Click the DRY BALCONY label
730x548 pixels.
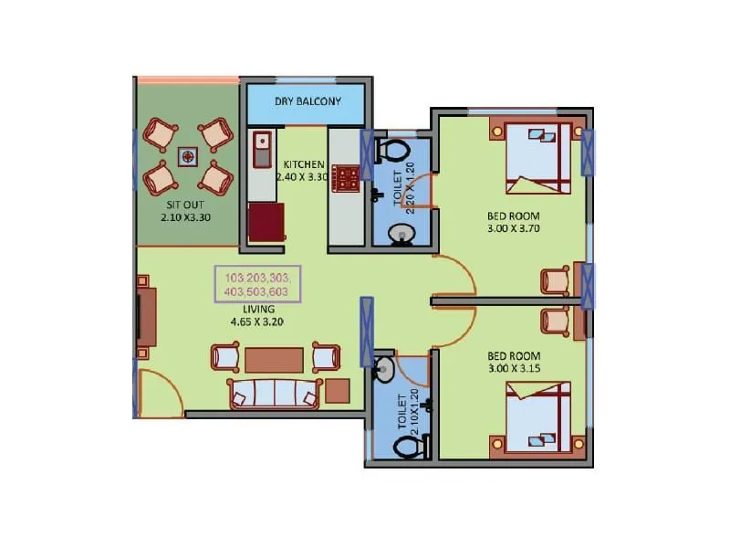coord(308,100)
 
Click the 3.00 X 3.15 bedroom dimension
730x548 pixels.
coord(515,369)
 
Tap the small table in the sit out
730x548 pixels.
coord(188,156)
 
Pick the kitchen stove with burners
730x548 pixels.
coord(346,176)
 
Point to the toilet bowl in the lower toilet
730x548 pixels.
coord(409,448)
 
